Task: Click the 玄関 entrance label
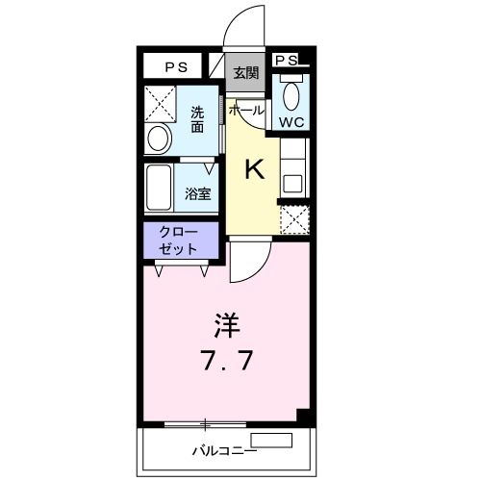tap(245, 73)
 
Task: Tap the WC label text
tap(291, 121)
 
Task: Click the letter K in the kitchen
tap(254, 170)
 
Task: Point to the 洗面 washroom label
tap(197, 117)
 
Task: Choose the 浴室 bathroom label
tap(199, 193)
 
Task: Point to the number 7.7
tap(226, 363)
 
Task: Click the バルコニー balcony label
tap(223, 449)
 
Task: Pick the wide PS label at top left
tap(175, 66)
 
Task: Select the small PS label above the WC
tap(287, 60)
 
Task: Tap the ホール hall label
tap(245, 110)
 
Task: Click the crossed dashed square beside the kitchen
tap(294, 219)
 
